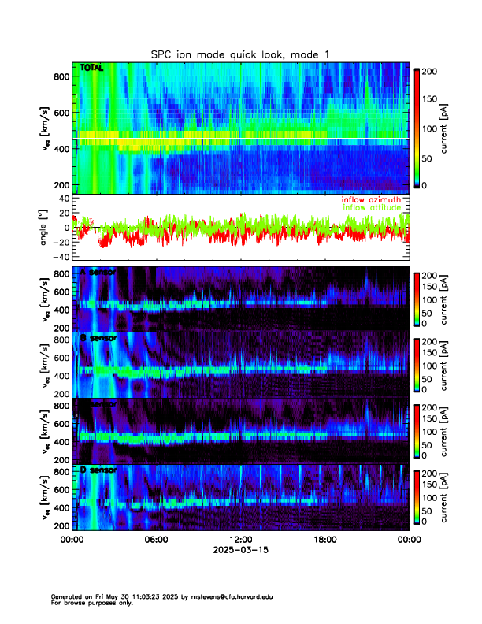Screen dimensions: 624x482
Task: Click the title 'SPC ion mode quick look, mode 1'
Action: [240, 54]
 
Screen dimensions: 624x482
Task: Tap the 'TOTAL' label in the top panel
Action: [92, 69]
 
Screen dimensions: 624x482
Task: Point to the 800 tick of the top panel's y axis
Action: [61, 76]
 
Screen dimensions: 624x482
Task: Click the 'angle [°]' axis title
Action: [44, 227]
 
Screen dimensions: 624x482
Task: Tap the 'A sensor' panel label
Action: [98, 272]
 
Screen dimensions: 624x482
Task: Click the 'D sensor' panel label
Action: [98, 470]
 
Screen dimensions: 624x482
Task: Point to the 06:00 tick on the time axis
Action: [156, 540]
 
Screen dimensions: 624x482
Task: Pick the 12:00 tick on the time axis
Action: [240, 540]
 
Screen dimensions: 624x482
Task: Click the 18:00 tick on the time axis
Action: [324, 540]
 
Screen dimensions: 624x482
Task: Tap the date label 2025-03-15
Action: [240, 551]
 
